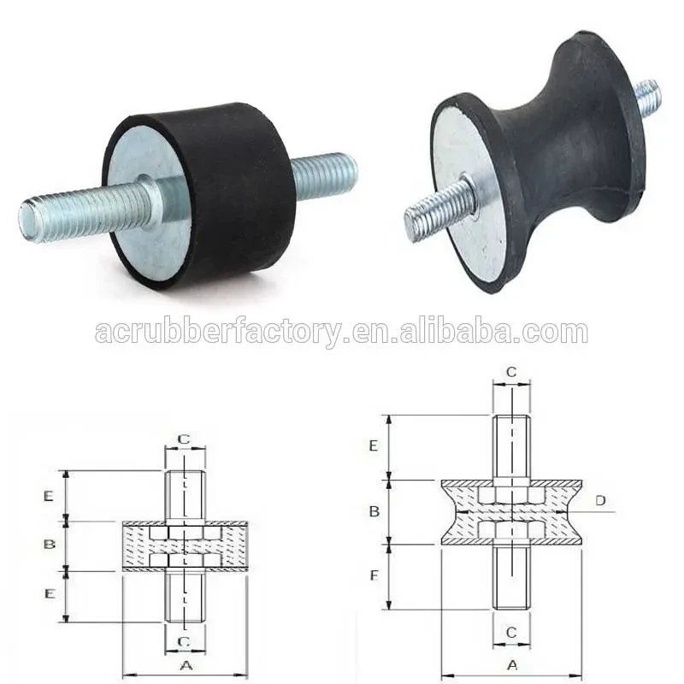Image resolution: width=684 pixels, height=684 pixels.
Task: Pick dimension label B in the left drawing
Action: tap(49, 545)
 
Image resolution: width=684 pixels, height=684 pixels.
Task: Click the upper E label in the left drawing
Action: tap(49, 495)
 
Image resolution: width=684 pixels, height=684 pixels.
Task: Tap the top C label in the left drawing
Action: tap(184, 439)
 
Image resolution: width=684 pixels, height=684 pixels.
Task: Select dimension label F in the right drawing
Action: tap(374, 575)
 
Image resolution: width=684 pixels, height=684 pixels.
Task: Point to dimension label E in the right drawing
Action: tap(374, 446)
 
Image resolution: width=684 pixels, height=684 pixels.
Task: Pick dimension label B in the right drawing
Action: tap(374, 511)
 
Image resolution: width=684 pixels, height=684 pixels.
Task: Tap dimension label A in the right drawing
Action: tap(511, 664)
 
